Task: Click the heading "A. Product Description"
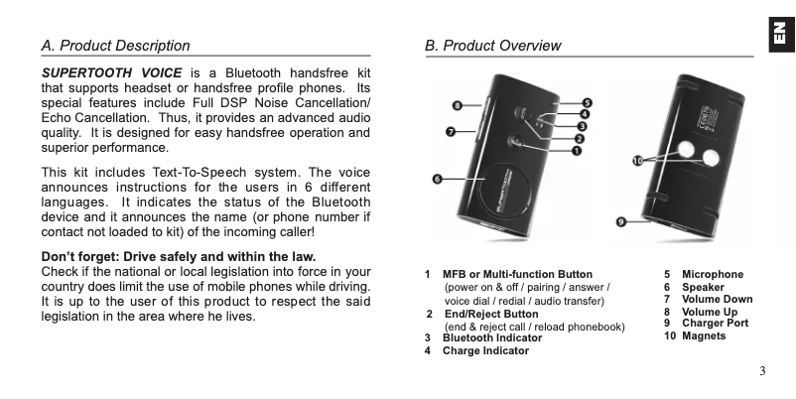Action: [x=115, y=46]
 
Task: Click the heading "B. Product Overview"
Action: [x=492, y=46]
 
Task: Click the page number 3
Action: [x=761, y=371]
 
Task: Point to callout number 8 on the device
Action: [x=457, y=104]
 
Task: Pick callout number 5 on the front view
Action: [x=587, y=103]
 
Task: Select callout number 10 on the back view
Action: [x=638, y=159]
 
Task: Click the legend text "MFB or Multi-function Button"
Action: [x=517, y=274]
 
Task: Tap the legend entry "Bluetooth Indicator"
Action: [x=491, y=337]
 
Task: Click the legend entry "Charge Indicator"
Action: [x=484, y=350]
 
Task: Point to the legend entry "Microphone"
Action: [x=712, y=274]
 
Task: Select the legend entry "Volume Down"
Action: [x=717, y=299]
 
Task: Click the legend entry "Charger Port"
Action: [x=715, y=323]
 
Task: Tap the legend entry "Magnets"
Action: [x=703, y=336]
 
